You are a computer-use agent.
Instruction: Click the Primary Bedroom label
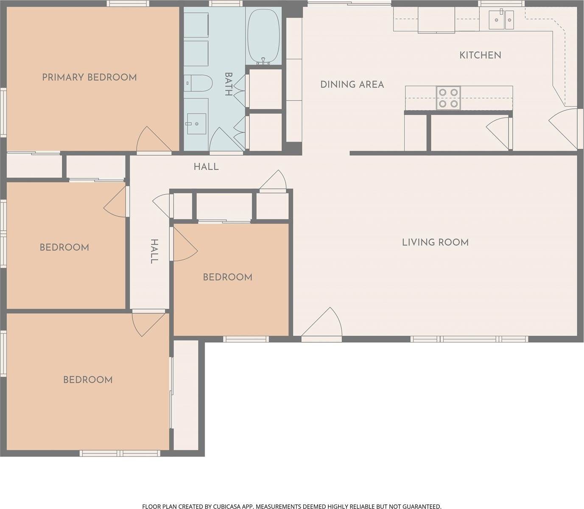point(89,77)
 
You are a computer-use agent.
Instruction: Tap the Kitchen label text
point(480,55)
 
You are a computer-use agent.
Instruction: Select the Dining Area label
point(352,84)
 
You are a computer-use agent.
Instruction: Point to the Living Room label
point(435,242)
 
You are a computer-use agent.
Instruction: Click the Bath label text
point(229,84)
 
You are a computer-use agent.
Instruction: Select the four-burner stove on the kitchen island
point(449,98)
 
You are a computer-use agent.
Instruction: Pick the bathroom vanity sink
point(196,123)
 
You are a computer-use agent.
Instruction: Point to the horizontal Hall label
point(206,167)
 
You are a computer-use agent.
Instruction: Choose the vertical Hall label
point(155,251)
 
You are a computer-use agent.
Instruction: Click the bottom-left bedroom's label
point(88,380)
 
